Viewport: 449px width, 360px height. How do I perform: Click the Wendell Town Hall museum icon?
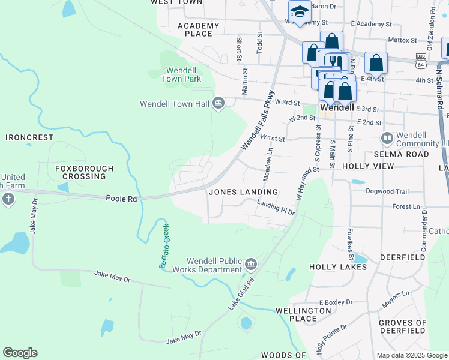218,103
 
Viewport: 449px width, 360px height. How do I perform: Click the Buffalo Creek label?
164,246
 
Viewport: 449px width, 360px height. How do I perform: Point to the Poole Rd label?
122,198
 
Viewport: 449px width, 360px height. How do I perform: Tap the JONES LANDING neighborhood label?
243,192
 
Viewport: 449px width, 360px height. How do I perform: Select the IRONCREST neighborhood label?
30,137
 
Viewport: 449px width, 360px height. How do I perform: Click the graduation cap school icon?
299,11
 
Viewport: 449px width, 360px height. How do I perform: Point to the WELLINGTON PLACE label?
303,314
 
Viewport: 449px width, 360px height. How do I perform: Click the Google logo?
20,353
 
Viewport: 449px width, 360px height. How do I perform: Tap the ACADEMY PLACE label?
199,29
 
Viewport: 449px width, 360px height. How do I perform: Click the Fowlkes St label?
349,239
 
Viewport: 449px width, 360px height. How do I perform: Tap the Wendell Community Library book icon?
387,139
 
